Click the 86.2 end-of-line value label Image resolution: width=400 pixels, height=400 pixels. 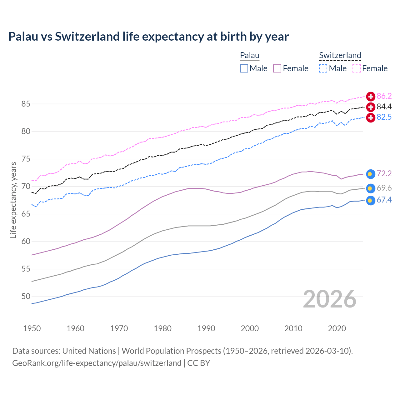tap(384, 96)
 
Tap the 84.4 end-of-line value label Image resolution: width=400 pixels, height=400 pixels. tap(384, 107)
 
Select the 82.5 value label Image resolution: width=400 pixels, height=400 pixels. tap(384, 117)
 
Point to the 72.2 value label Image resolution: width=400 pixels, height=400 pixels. tap(384, 173)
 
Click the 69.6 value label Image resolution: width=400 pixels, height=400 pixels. tap(384, 188)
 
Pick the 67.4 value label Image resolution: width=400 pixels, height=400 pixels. tap(384, 200)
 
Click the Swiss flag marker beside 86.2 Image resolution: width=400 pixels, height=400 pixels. tap(371, 96)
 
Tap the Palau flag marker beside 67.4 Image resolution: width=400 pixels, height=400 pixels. tap(370, 200)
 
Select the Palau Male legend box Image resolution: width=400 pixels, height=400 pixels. tap(244, 68)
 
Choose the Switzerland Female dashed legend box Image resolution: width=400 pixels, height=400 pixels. tap(357, 68)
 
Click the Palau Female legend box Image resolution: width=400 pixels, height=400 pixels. tap(277, 68)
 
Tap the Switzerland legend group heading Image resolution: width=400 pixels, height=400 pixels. tap(340, 56)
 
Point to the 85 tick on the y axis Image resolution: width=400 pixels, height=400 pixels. tap(26, 104)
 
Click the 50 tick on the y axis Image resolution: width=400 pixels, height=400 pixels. tap(26, 297)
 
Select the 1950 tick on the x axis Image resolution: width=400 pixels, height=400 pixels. tap(32, 328)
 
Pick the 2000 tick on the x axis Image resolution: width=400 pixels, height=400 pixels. tap(250, 328)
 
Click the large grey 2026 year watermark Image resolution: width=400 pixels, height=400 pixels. tap(330, 299)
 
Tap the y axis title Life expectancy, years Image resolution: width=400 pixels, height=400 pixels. tap(13, 200)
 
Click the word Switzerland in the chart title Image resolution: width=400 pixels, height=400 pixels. tap(87, 37)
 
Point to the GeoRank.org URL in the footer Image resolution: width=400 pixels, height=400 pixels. tap(97, 363)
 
